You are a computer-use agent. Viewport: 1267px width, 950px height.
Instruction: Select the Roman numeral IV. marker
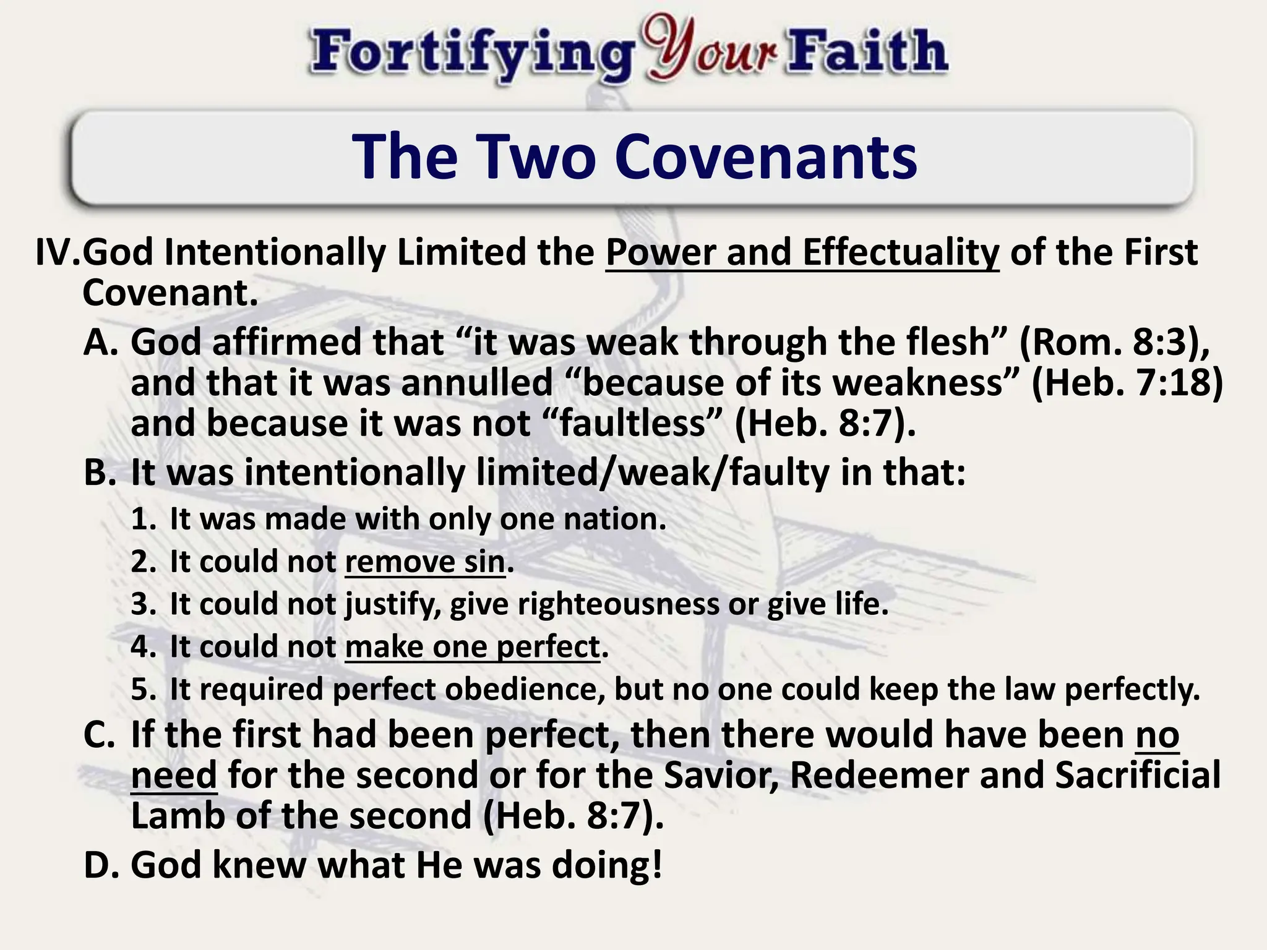[x=58, y=253]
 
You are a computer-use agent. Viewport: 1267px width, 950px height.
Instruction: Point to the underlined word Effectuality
[x=901, y=253]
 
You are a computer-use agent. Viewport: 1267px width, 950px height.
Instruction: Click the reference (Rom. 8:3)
[x=1114, y=342]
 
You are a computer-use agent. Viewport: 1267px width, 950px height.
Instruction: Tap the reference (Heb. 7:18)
[x=1127, y=383]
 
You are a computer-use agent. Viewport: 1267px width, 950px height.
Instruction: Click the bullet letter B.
[x=98, y=473]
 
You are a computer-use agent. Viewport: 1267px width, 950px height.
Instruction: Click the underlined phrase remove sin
[x=425, y=562]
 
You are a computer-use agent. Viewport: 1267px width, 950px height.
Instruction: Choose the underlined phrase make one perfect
[x=472, y=647]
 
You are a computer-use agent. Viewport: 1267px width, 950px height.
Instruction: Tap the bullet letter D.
[x=100, y=865]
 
